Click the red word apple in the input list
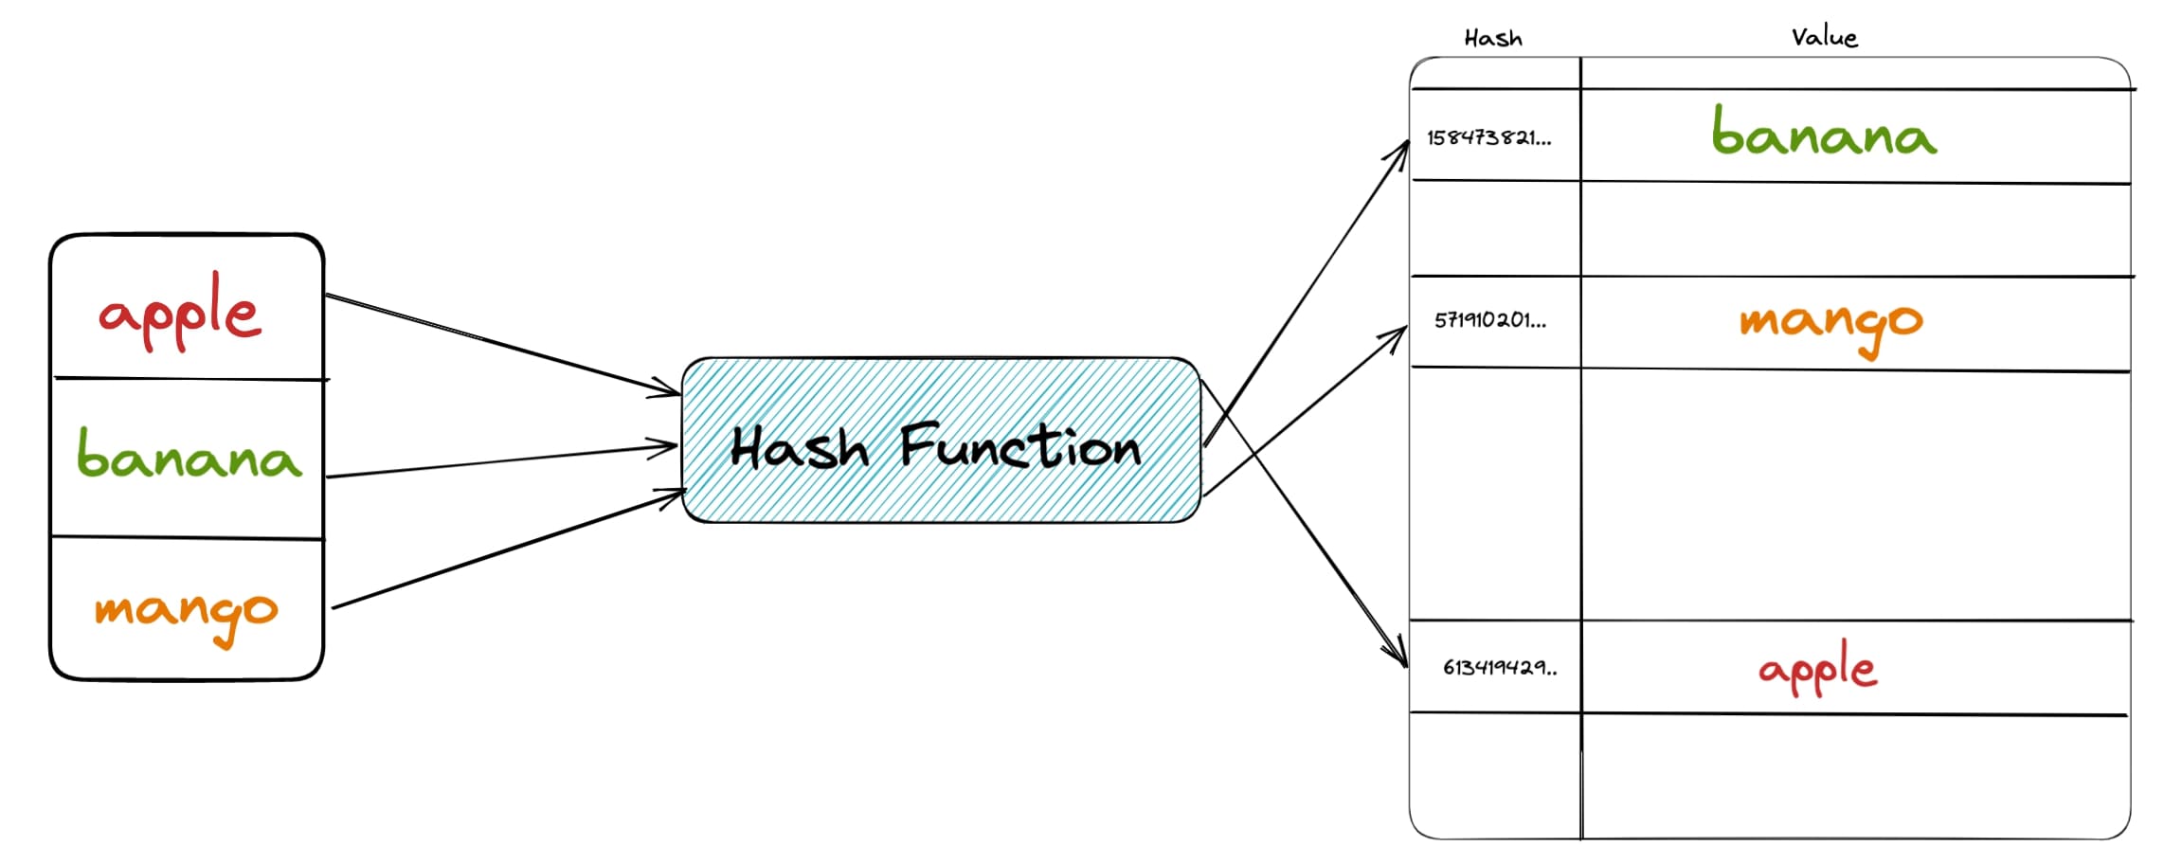pos(180,313)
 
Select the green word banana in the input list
pos(189,457)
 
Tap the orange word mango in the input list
pos(186,611)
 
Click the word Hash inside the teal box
pos(799,448)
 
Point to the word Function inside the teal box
pos(1020,446)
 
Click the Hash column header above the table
pos(1493,38)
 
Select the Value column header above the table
pos(1824,37)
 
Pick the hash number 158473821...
pos(1488,138)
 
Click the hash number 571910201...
pos(1489,320)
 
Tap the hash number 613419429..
pos(1499,667)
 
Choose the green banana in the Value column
pos(1824,133)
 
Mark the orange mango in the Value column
pos(1830,322)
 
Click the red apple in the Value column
pos(1817,669)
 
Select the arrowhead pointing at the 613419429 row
pos(1399,657)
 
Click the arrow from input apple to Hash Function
pos(502,343)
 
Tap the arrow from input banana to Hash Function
pos(502,460)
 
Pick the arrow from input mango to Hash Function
pos(502,550)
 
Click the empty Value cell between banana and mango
pos(1855,229)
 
